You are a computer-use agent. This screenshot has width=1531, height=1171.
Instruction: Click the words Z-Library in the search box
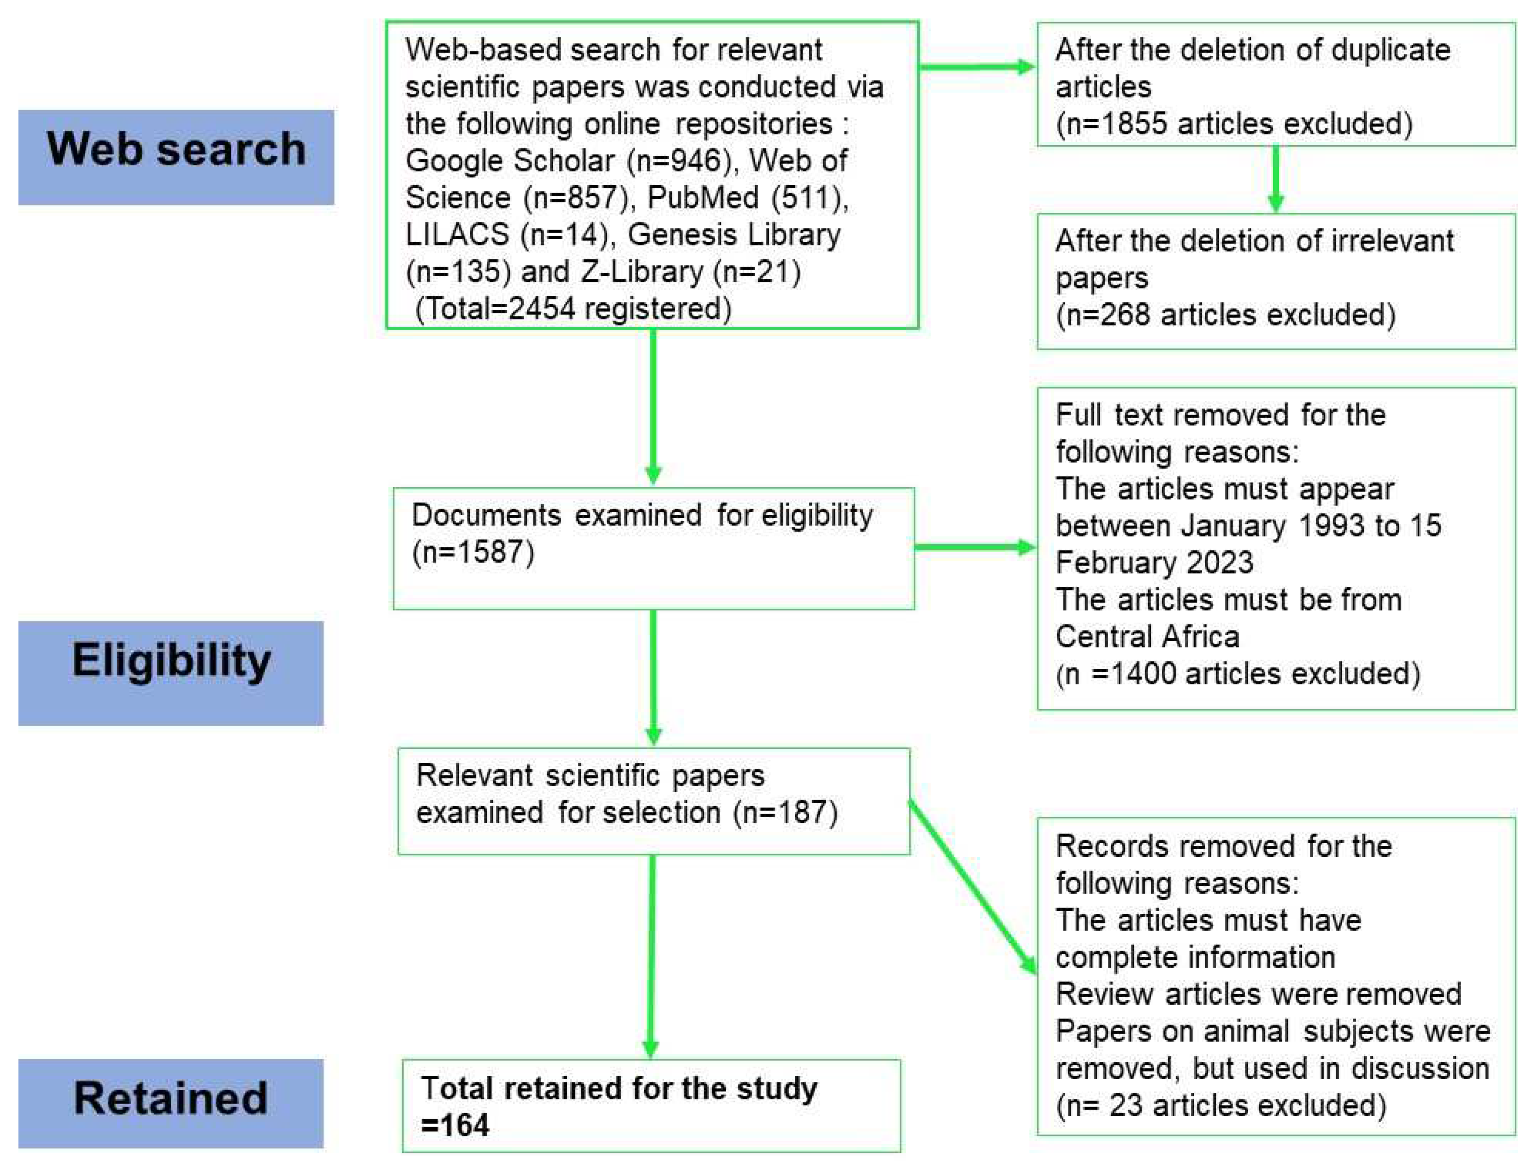(642, 272)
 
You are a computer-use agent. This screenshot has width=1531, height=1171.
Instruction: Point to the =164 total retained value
(456, 1126)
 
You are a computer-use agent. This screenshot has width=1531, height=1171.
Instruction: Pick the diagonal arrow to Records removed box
(973, 887)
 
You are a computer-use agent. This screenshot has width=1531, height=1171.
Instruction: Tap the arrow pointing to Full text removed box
(975, 548)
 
